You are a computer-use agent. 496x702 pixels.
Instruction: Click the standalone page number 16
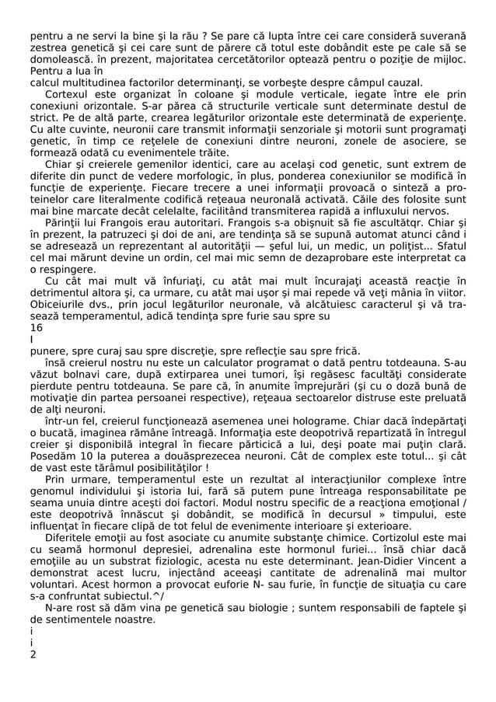tap(37, 328)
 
